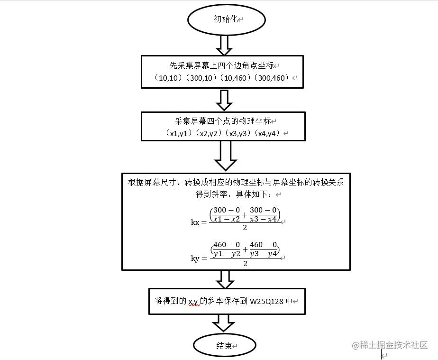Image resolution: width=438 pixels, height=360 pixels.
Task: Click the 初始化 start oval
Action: pos(227,20)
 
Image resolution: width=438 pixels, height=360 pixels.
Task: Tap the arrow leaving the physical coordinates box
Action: pos(225,156)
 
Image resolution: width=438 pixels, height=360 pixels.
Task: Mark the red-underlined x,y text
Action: pos(193,301)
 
